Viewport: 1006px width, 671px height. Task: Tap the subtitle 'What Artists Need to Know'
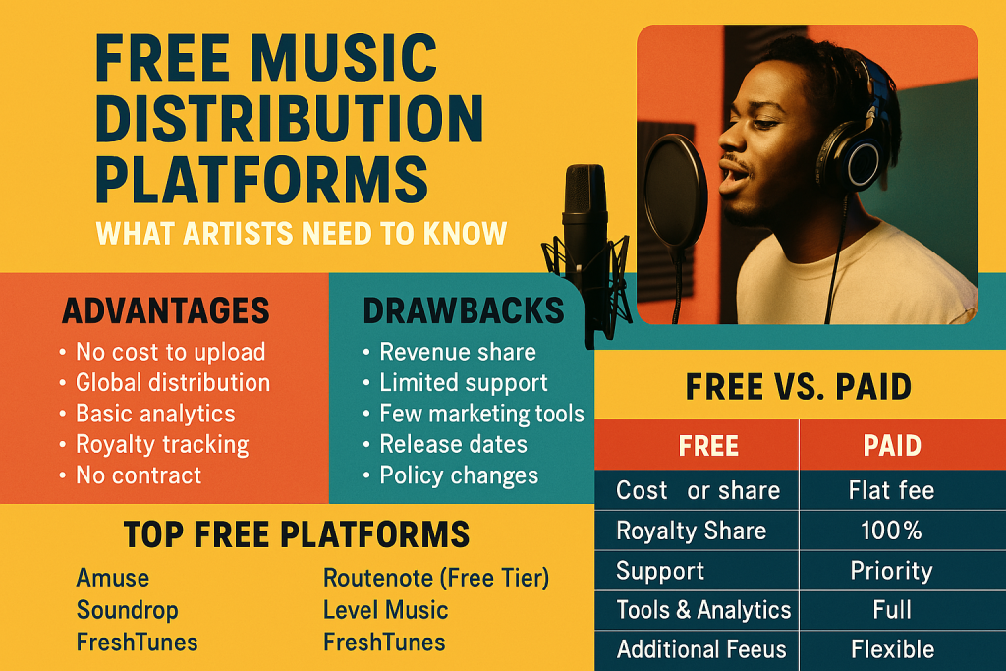pos(302,234)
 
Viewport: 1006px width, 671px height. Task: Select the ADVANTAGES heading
pos(165,310)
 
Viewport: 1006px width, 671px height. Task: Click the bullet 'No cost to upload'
pos(171,352)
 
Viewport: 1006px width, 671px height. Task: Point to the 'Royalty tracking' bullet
pos(162,444)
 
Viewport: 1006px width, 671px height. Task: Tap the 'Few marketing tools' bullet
pos(481,414)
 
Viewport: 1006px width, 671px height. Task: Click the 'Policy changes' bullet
pos(459,475)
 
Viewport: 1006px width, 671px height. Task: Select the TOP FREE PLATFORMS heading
pos(296,534)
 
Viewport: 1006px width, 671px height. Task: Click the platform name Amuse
pos(113,578)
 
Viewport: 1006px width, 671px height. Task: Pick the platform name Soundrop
pos(128,610)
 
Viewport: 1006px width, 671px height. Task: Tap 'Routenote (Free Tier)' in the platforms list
pos(436,578)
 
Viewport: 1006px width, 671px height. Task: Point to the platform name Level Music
pos(385,610)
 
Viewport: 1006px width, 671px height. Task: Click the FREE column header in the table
pos(708,446)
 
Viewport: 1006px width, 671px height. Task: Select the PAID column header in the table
pos(892,446)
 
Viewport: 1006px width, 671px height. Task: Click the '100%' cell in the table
pos(892,531)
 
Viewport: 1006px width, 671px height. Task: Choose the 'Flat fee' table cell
pos(892,489)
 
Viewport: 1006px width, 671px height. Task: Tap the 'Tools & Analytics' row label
pos(703,610)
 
